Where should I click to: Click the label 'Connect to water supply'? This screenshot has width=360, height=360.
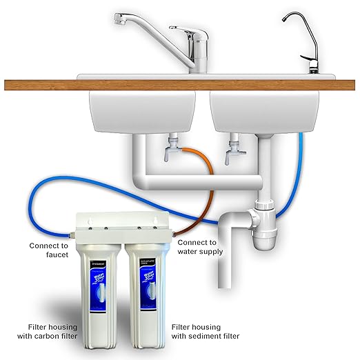[201, 247]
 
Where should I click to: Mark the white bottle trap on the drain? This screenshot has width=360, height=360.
[263, 228]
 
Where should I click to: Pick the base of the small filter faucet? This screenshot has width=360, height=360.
[312, 69]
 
